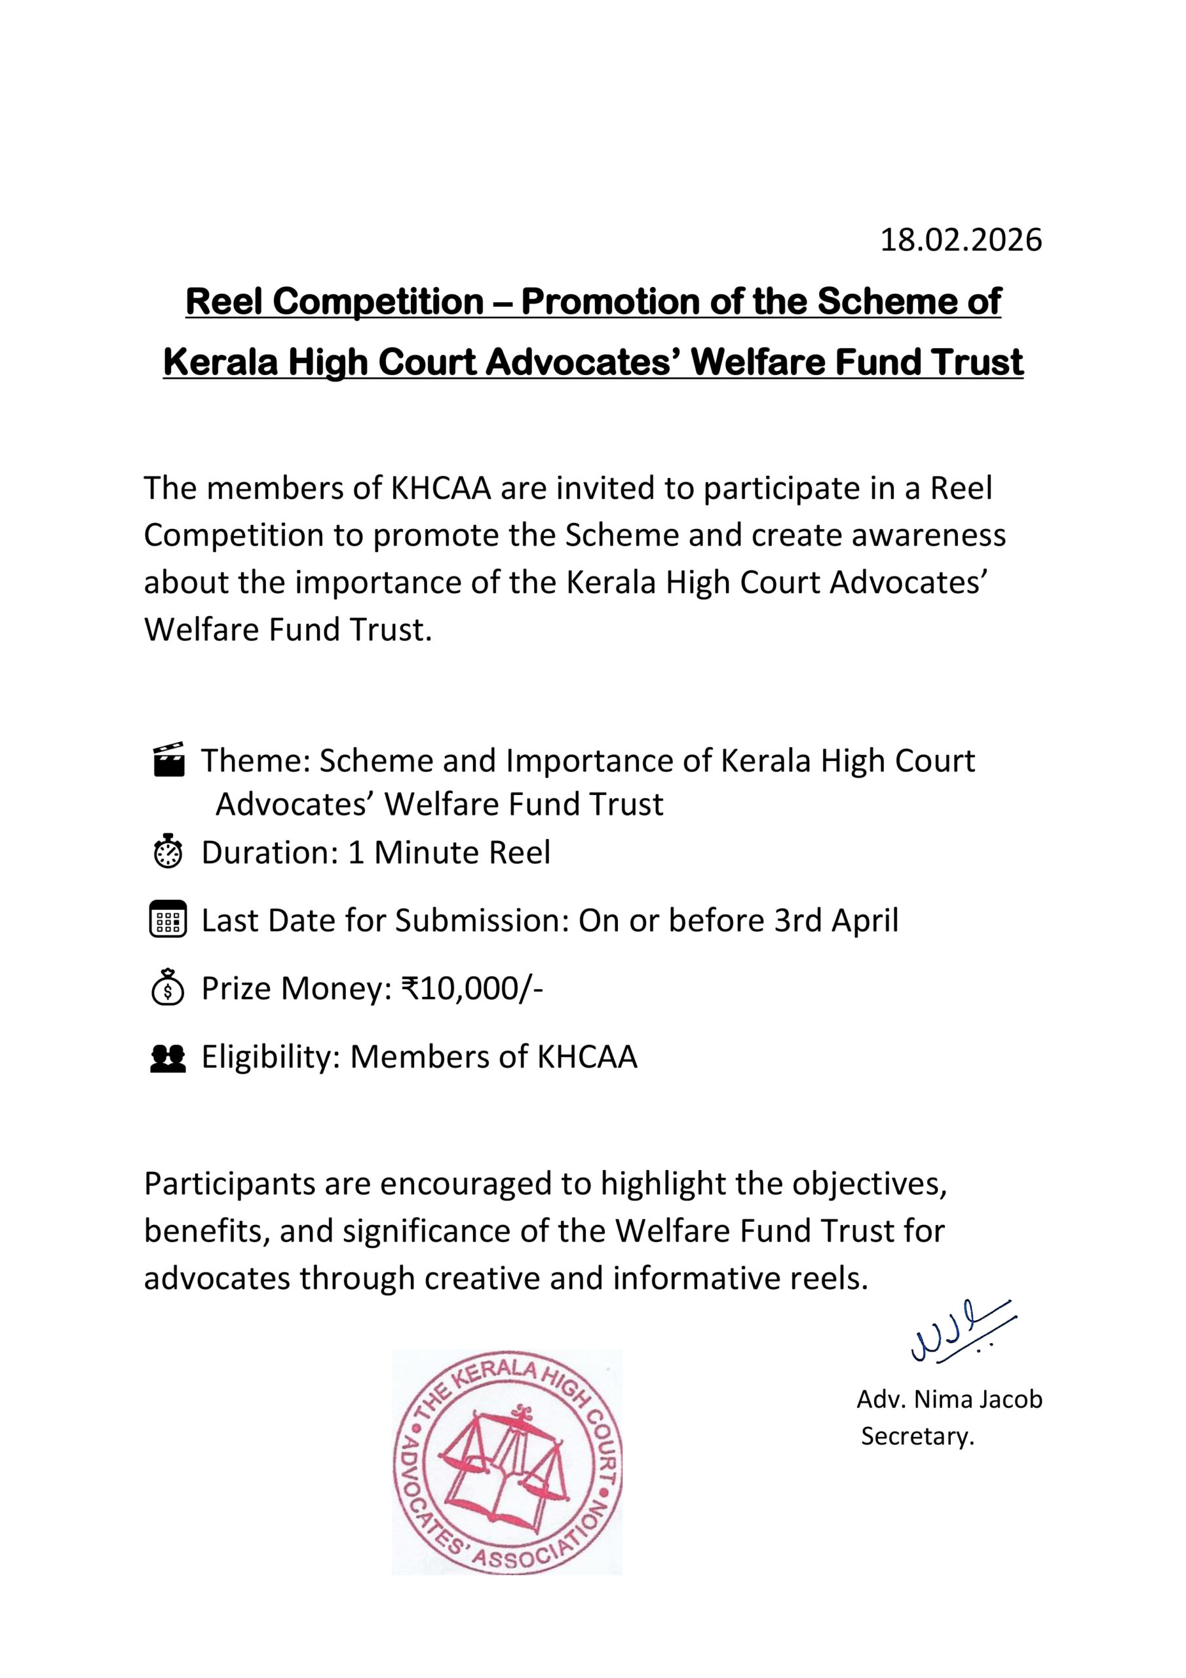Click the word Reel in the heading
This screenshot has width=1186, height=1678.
(223, 302)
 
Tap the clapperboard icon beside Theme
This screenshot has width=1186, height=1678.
(168, 760)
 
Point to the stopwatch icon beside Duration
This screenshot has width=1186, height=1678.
(168, 851)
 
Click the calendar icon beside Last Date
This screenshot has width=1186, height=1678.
(168, 920)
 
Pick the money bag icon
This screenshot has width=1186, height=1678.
(168, 987)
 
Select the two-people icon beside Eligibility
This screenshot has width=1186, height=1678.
(168, 1057)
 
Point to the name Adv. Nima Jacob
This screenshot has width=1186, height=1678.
(949, 1399)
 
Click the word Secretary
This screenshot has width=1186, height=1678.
(917, 1436)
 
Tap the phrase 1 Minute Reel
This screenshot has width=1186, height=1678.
(449, 852)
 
